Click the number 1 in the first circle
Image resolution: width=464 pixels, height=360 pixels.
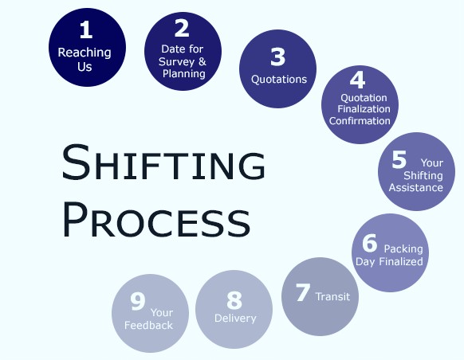[86, 29]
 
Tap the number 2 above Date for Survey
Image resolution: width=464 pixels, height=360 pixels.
[182, 28]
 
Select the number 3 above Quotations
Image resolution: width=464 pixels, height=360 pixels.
[277, 57]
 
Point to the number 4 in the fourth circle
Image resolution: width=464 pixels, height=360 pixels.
[357, 80]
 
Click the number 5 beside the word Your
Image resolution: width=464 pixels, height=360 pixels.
[399, 159]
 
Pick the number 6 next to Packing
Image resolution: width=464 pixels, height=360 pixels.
[370, 243]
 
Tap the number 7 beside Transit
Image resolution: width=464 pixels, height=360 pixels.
[303, 292]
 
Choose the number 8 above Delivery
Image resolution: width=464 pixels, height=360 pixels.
[234, 300]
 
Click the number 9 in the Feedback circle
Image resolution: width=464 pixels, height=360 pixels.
[138, 301]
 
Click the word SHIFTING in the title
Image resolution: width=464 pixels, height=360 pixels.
[163, 162]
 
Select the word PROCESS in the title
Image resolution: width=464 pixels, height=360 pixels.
[156, 220]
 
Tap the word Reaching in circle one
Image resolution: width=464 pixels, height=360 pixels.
[85, 53]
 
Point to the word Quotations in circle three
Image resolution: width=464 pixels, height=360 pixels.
[279, 80]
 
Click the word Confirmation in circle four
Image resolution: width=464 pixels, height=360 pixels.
[360, 121]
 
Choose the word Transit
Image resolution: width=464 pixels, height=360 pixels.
[332, 296]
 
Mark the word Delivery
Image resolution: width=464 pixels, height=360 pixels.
[235, 319]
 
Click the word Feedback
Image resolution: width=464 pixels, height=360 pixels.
[148, 326]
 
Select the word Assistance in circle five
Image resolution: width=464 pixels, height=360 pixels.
[415, 188]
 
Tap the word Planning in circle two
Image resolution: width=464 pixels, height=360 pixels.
[184, 74]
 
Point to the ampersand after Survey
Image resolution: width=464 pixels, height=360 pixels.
[203, 61]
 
